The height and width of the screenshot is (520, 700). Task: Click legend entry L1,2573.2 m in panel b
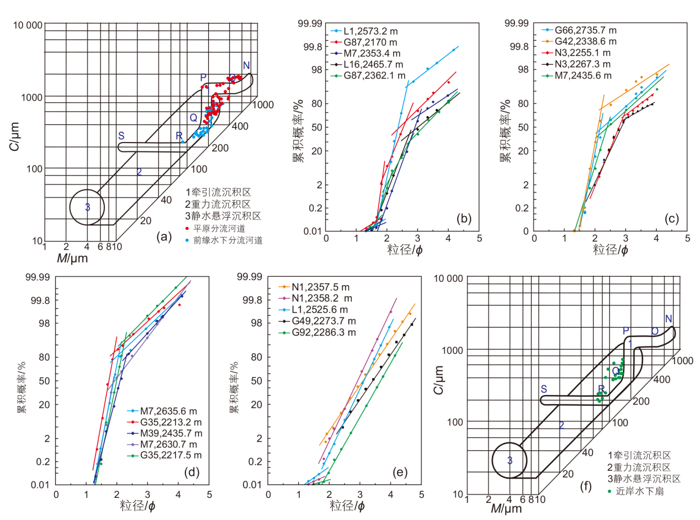[x=364, y=31]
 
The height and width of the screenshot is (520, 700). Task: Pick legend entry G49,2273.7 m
[x=317, y=321]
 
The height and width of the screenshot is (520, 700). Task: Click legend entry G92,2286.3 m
[x=317, y=332]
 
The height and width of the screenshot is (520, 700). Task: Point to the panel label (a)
[x=164, y=237]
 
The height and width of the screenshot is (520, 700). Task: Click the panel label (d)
[x=192, y=472]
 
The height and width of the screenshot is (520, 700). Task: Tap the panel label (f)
[x=586, y=486]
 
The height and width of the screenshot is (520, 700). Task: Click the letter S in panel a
[x=121, y=136]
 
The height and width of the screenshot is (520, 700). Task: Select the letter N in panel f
[x=669, y=319]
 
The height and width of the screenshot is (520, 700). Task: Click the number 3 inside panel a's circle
[x=87, y=207]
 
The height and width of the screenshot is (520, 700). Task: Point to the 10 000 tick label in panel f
[x=449, y=279]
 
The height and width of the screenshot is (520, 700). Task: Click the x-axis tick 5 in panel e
[x=421, y=495]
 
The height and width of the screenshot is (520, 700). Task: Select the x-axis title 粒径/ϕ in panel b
[x=405, y=250]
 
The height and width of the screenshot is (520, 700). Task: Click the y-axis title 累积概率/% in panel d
[x=22, y=387]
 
